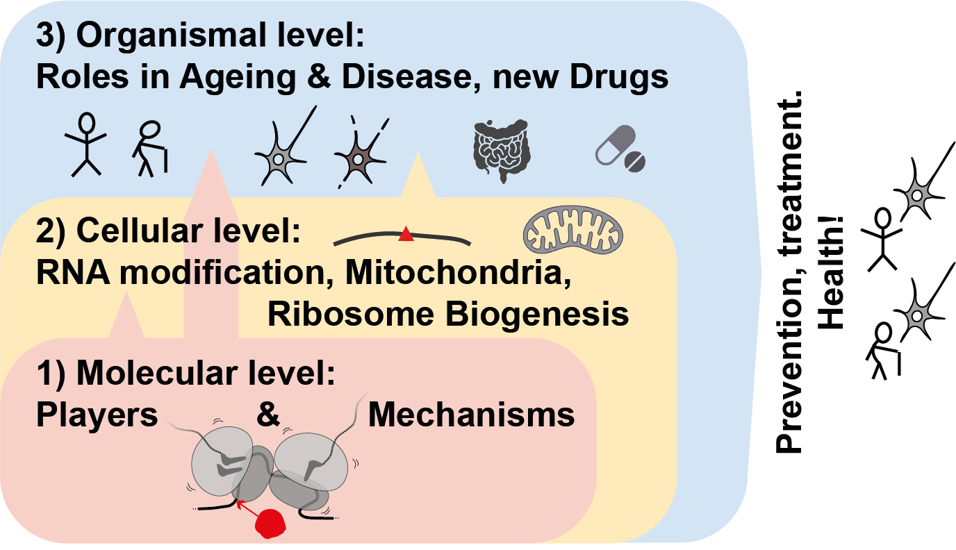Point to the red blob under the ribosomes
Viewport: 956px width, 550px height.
pyautogui.click(x=269, y=523)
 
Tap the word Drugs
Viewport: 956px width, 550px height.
pyautogui.click(x=619, y=77)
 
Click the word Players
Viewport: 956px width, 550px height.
pyautogui.click(x=97, y=415)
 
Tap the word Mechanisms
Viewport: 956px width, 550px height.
pyautogui.click(x=471, y=415)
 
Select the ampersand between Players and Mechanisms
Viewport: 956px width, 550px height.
pyautogui.click(x=267, y=415)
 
